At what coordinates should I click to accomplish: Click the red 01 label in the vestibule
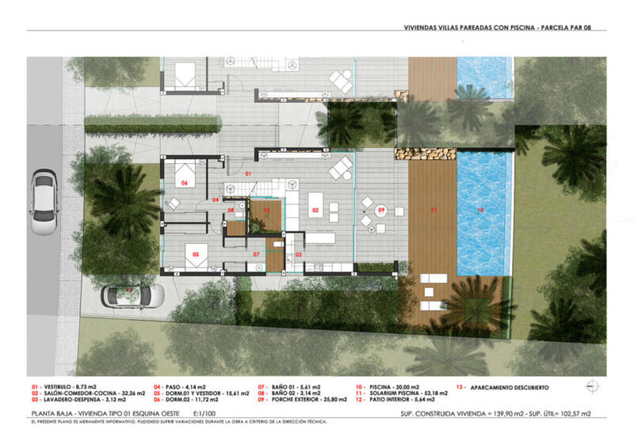(246, 173)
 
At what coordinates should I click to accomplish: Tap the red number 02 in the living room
(315, 211)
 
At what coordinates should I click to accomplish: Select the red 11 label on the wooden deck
(433, 211)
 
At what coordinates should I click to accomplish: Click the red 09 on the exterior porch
(380, 211)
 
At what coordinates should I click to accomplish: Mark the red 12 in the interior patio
(267, 211)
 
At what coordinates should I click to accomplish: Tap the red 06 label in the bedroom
(184, 183)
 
